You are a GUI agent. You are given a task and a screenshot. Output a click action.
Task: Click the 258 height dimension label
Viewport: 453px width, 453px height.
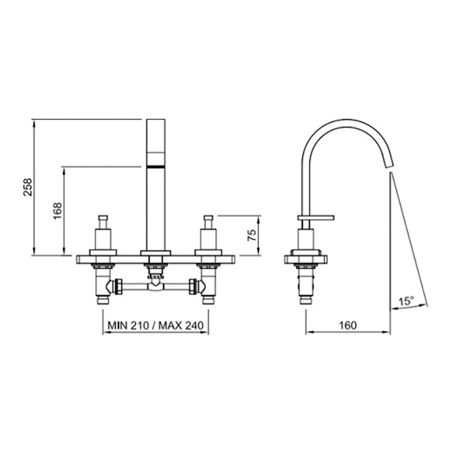[28, 187]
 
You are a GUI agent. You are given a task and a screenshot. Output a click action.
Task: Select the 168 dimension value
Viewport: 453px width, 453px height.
[58, 211]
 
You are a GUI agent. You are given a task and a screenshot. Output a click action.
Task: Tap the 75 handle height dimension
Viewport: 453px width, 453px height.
[251, 235]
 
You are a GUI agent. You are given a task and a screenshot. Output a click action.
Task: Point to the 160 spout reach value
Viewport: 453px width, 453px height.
[348, 325]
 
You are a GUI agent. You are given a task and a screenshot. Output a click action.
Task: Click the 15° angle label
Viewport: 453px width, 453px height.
[406, 301]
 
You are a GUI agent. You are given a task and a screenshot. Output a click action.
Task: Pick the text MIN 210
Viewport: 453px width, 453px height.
[128, 326]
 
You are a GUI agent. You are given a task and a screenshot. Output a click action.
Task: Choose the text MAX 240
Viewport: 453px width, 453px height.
[181, 326]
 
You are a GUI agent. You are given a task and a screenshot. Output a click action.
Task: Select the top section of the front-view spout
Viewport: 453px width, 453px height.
[156, 135]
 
